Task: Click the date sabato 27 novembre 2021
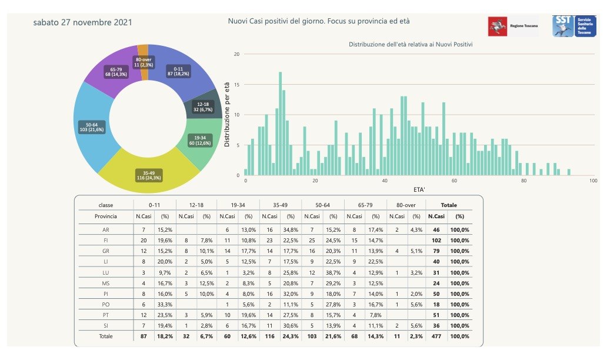(x=82, y=22)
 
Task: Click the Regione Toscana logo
(x=513, y=26)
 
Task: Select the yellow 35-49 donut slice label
(x=148, y=175)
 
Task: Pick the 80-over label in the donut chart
(x=144, y=62)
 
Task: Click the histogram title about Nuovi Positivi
(x=411, y=45)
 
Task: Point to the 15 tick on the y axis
(x=237, y=84)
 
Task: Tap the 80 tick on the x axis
(x=524, y=181)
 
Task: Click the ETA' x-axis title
(x=419, y=190)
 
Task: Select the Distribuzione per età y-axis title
(x=227, y=114)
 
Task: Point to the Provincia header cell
(x=105, y=216)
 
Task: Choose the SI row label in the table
(x=105, y=325)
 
